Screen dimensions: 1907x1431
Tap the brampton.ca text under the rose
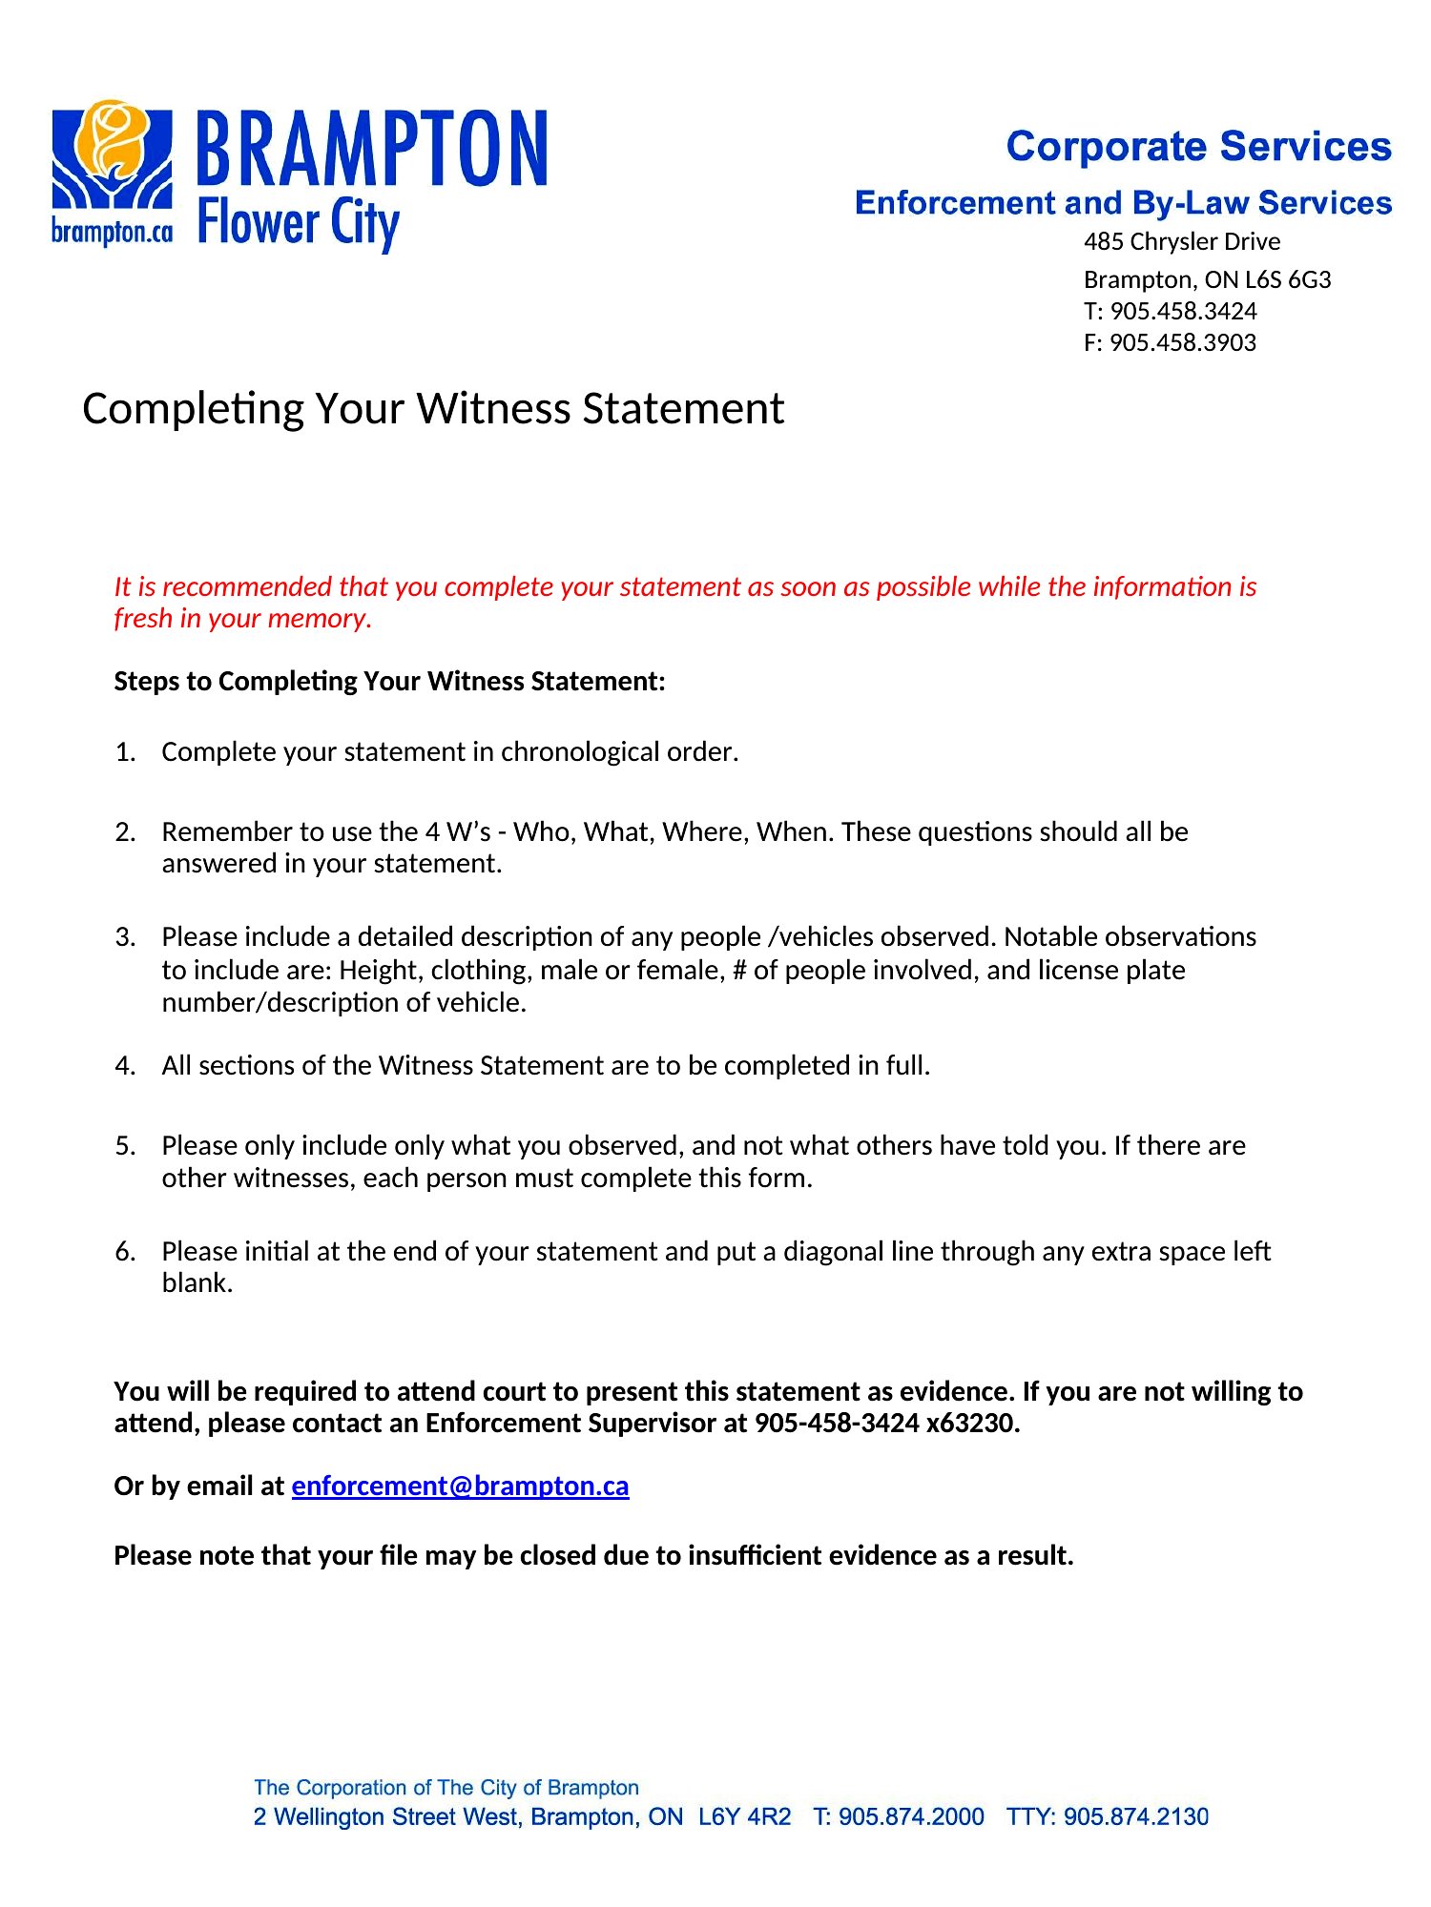(112, 232)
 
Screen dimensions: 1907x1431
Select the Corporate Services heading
(1198, 146)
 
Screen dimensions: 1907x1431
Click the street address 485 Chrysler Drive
(1181, 241)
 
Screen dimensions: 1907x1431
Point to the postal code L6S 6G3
(1288, 279)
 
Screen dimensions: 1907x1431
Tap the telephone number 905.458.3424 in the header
(1183, 311)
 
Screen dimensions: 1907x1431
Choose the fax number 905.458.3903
(1182, 342)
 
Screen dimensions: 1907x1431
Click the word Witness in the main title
(494, 408)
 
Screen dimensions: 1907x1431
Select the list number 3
(125, 936)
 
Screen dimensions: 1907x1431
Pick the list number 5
(125, 1145)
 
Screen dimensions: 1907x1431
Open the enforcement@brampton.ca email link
(460, 1486)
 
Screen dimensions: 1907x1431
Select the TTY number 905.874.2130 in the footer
(1135, 1816)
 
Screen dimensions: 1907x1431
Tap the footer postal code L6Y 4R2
(744, 1816)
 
